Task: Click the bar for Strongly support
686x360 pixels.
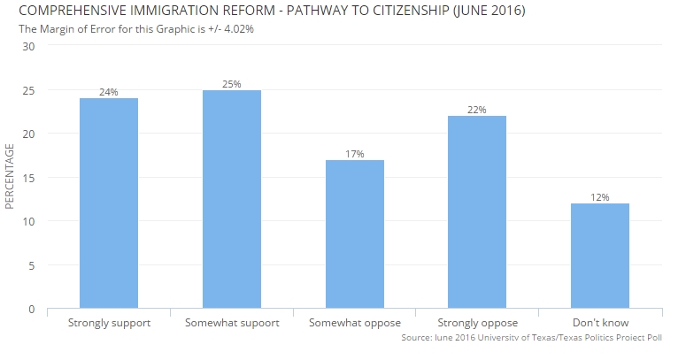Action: (109, 203)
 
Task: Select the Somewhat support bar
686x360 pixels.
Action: (232, 199)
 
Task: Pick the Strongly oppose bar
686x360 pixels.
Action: (477, 212)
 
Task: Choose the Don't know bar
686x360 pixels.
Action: (600, 256)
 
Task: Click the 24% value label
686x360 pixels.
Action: (109, 92)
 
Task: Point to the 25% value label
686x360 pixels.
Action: (232, 84)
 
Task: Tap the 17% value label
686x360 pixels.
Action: (355, 154)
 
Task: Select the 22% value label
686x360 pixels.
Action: (477, 110)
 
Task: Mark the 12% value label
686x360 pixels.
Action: (600, 197)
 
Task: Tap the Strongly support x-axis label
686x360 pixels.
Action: (109, 323)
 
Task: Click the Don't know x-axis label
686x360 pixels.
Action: (600, 323)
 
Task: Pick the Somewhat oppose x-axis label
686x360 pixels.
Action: (355, 323)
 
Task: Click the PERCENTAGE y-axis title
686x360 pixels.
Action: (10, 178)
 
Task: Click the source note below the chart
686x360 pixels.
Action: (531, 338)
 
